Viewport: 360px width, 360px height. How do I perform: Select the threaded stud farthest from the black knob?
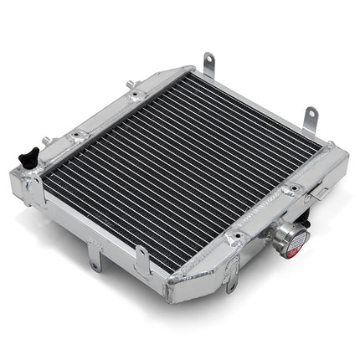(x=130, y=84)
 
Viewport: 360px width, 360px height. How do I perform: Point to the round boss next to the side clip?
(x=296, y=190)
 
